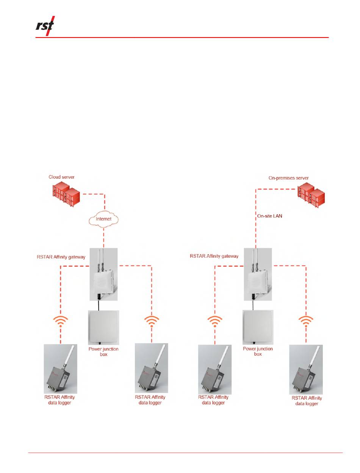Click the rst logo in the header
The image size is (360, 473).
click(45, 26)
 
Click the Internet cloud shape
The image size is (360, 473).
click(104, 219)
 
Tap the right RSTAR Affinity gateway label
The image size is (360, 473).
click(214, 256)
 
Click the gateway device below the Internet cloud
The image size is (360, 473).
click(104, 274)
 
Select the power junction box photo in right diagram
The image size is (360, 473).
click(258, 327)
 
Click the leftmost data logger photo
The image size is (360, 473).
click(60, 369)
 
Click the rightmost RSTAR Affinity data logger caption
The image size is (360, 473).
click(307, 401)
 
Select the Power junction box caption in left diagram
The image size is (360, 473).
click(103, 351)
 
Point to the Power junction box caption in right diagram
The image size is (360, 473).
click(258, 351)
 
